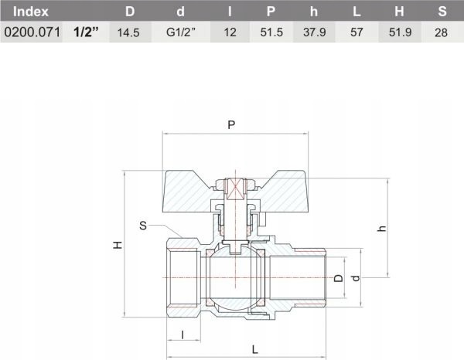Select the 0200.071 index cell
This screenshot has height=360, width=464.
pos(31,34)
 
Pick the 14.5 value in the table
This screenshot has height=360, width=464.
pos(128,34)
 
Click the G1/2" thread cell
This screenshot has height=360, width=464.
pos(181,34)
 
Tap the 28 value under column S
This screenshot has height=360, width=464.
pos(442,34)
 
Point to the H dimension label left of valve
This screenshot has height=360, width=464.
pos(118,244)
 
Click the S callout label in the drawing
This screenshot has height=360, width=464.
pos(143,226)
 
